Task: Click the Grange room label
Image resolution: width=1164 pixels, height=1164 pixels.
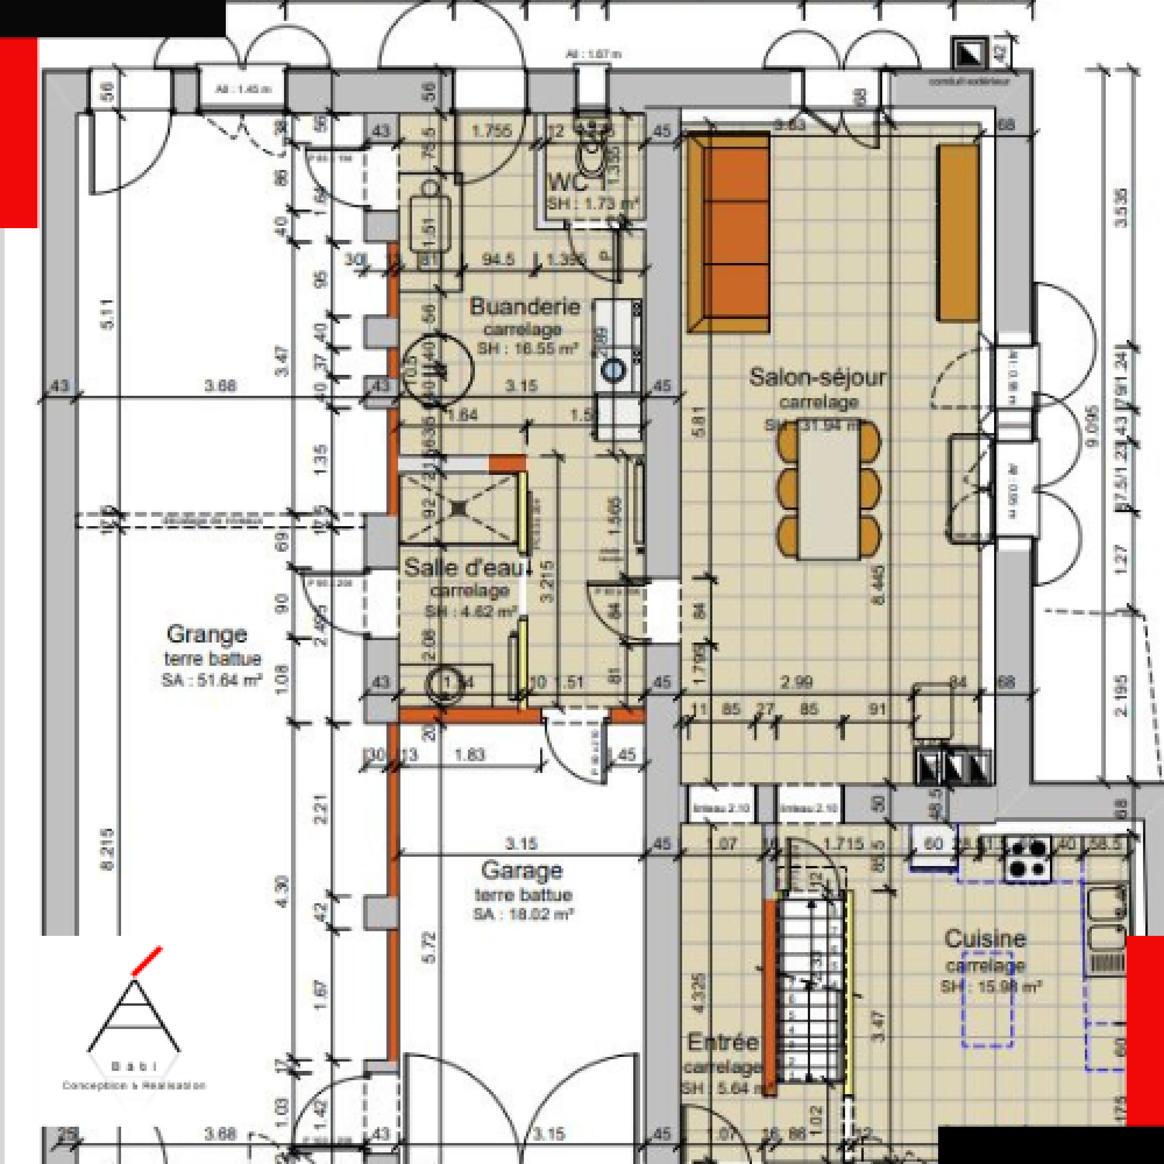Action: tap(207, 634)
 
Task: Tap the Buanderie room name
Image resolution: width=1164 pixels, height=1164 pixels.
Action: tap(524, 307)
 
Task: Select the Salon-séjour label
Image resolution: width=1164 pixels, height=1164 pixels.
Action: tap(817, 378)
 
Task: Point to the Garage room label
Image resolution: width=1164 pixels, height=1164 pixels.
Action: tap(521, 871)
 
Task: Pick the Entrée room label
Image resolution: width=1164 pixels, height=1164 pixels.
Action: tap(723, 1042)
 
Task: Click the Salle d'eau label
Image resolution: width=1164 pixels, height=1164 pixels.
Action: tap(467, 567)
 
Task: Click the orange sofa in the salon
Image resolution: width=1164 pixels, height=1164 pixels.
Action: tap(730, 232)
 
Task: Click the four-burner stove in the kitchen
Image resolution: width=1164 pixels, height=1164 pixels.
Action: tap(1027, 858)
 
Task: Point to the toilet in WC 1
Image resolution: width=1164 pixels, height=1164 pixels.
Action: tap(592, 154)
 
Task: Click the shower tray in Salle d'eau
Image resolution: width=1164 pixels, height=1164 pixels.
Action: tap(459, 508)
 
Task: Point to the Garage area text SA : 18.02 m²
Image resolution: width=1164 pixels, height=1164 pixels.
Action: tap(523, 914)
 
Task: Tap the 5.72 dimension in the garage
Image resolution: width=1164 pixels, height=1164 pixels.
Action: tap(428, 947)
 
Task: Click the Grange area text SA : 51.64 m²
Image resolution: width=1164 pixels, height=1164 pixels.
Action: tap(211, 680)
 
